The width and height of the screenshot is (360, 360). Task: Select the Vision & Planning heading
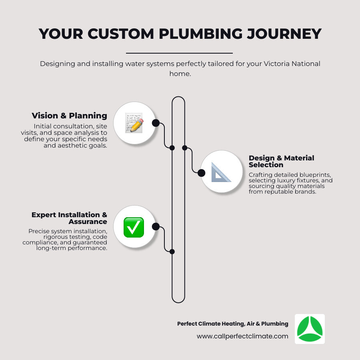point(69,116)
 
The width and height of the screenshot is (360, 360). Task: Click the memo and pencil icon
point(134,123)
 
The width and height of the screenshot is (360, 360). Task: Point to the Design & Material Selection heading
point(281,161)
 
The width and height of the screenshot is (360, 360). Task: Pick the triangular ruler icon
point(221,172)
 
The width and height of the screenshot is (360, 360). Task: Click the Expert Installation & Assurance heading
point(69,218)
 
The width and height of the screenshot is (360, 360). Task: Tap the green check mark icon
point(134,227)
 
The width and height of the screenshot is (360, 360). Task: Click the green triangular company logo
point(310,329)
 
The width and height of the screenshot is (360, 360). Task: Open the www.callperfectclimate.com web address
point(242,336)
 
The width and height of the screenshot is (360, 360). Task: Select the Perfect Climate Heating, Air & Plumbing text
point(232,324)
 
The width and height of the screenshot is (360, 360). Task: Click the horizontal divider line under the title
point(179,53)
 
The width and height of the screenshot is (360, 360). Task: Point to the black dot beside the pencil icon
point(156,123)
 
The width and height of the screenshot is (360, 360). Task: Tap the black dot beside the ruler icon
point(202,173)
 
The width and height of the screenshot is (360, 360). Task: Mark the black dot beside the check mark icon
point(156,227)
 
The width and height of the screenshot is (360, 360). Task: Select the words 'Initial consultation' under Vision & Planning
point(65,126)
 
